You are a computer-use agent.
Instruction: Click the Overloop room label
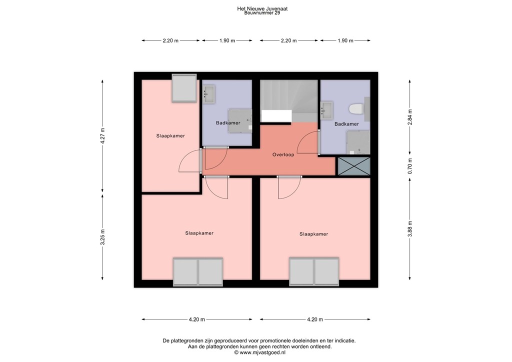[283, 154]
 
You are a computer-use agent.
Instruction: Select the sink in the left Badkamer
[208, 93]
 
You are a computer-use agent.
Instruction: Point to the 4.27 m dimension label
[102, 136]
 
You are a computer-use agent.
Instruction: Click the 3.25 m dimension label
[102, 236]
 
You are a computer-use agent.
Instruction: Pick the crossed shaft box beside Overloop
[354, 165]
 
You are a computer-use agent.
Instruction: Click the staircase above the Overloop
[288, 100]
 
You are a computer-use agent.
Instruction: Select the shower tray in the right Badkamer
[358, 142]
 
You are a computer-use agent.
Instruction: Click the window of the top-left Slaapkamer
[183, 88]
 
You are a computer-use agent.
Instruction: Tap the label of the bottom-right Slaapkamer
[313, 233]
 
